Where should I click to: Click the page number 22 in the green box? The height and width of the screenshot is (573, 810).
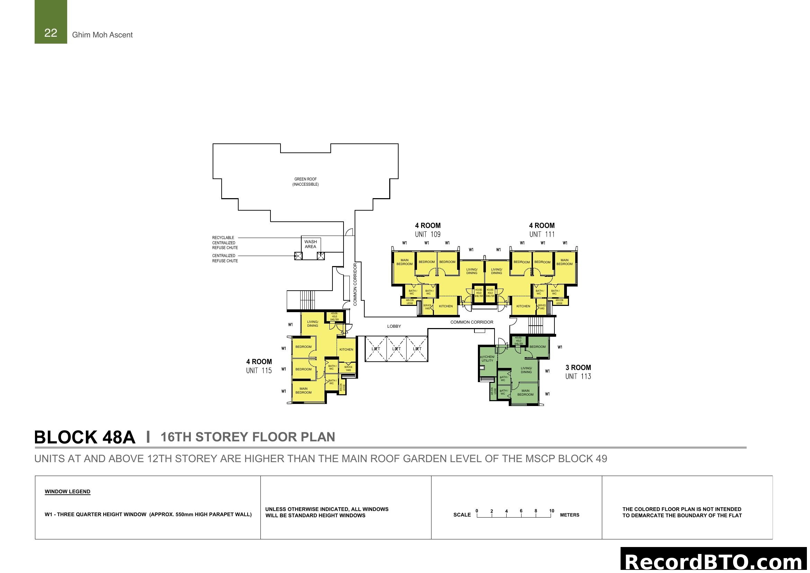51,33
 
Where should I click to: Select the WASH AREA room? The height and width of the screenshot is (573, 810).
310,244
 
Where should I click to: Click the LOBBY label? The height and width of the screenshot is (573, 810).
394,326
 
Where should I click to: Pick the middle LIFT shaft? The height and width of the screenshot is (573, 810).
397,349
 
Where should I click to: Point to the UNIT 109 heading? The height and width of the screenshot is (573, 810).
428,234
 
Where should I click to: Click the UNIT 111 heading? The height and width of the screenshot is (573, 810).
542,234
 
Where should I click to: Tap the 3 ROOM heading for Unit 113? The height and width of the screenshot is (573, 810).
578,368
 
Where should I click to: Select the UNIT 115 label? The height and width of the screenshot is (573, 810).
259,371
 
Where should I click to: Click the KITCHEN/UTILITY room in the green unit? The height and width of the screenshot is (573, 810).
487,359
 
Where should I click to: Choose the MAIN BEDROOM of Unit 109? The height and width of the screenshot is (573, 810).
404,262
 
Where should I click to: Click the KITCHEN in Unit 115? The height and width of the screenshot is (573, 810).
346,350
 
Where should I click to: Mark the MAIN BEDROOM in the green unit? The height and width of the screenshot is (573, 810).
525,393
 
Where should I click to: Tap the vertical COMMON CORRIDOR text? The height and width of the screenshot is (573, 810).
355,284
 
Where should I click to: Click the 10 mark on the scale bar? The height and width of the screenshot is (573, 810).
552,511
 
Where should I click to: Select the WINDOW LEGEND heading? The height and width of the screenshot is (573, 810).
68,492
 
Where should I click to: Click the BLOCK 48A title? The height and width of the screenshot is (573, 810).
84,438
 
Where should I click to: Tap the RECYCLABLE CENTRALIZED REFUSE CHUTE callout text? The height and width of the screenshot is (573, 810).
225,243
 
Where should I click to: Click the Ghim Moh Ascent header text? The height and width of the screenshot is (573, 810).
102,35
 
